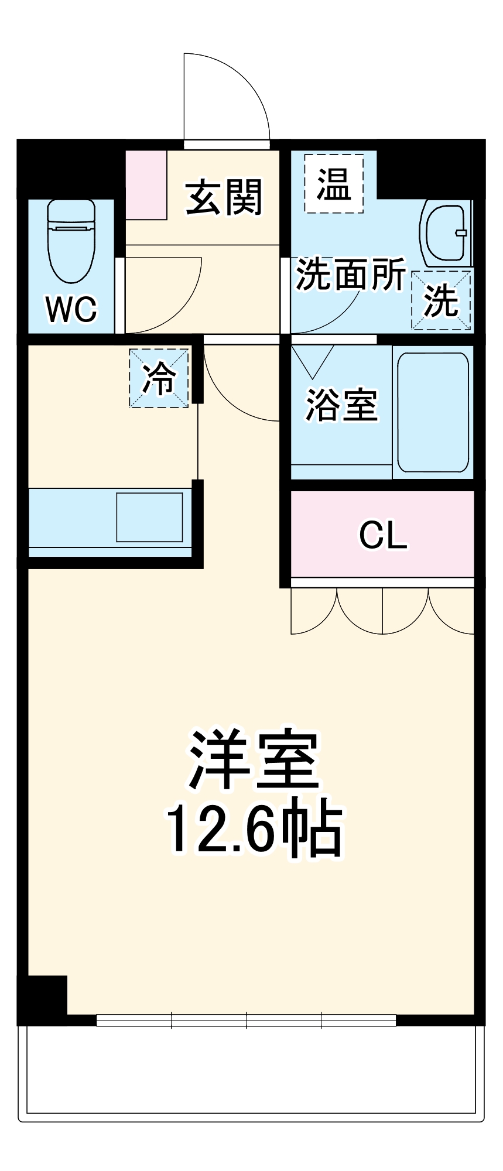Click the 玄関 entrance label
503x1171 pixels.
[224, 197]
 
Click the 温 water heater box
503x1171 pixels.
[333, 184]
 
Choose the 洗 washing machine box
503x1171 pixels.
[442, 301]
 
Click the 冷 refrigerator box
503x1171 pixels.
[159, 378]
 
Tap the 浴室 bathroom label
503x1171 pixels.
[341, 405]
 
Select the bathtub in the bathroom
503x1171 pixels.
[433, 412]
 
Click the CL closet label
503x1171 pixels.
[383, 534]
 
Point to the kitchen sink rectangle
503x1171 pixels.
[149, 517]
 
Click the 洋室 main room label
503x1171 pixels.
[253, 760]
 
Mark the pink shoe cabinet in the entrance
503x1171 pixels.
[146, 185]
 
